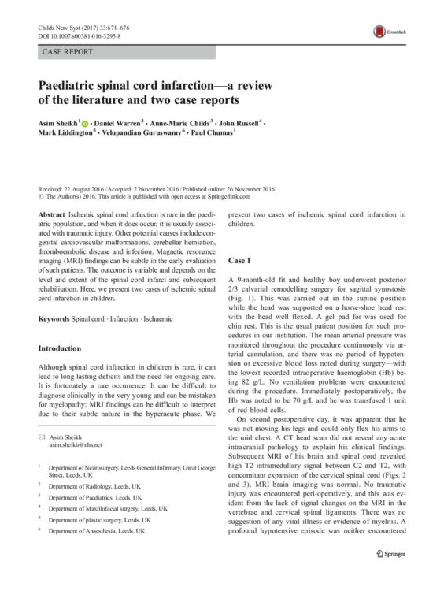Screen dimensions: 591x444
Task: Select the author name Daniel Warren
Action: pyautogui.click(x=117, y=125)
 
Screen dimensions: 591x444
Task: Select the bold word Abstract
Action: pyautogui.click(x=51, y=214)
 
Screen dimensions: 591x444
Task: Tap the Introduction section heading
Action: pyautogui.click(x=66, y=348)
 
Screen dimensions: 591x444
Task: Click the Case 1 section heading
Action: pyautogui.click(x=239, y=259)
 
